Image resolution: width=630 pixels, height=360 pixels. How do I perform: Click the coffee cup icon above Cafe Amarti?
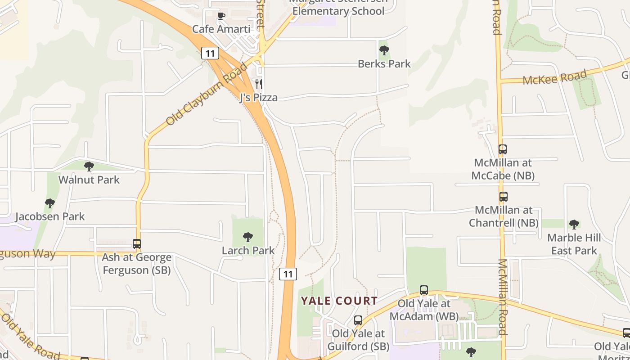(221, 16)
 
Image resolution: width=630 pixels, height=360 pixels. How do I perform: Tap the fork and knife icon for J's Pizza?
(259, 84)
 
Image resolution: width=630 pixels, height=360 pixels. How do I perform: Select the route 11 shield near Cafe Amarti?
(210, 53)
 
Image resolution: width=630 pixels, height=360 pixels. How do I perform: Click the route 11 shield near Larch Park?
(288, 274)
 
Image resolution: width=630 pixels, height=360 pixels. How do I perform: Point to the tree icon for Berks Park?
(384, 50)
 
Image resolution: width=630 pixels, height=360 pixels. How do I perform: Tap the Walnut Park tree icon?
(89, 166)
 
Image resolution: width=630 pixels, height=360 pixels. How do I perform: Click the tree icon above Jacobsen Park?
(50, 203)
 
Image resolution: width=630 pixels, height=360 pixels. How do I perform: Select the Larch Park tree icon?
(248, 237)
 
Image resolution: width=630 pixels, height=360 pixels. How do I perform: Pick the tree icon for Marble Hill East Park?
(574, 224)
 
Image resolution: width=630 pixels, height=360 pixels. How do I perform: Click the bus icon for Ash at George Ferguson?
(137, 244)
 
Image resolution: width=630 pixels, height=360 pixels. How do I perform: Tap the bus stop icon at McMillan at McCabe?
(503, 149)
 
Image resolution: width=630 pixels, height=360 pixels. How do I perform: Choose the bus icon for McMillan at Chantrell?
(504, 197)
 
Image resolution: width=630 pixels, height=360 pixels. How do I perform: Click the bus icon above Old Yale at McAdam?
(424, 290)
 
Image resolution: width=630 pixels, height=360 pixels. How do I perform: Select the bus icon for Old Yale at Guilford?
(358, 320)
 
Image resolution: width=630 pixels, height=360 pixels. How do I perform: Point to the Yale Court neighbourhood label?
(339, 301)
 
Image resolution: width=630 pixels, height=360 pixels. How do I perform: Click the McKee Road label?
(555, 77)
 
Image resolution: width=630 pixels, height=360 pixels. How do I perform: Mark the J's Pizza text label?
(258, 98)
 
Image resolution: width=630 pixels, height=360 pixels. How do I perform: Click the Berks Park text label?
(384, 64)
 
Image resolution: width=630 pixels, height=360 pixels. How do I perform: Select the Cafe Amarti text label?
(221, 29)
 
